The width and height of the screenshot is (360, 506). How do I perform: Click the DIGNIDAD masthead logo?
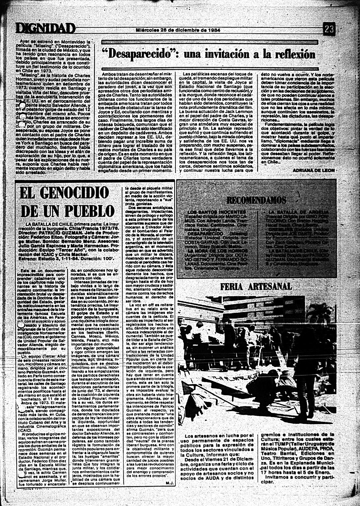(x=46, y=28)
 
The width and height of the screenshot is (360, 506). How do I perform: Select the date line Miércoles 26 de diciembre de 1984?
(x=178, y=30)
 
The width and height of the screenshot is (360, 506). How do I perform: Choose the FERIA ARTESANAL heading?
(x=256, y=286)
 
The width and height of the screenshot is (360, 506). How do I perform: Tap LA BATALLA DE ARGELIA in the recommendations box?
(x=298, y=212)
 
